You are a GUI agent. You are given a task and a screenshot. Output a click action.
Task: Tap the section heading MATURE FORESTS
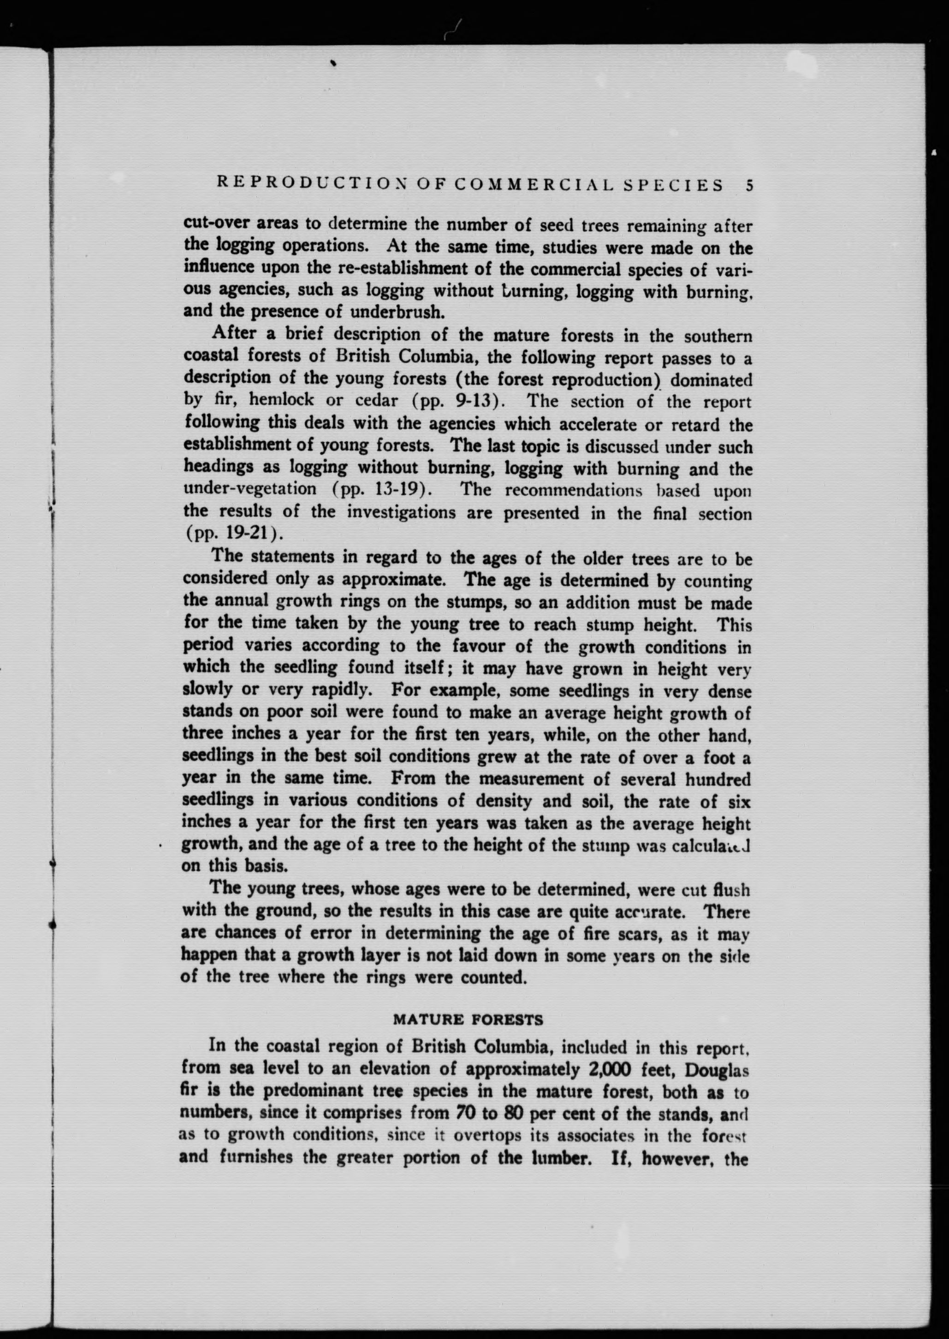pyautogui.click(x=468, y=1020)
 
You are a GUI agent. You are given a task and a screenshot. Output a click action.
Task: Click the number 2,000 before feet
pyautogui.click(x=609, y=1069)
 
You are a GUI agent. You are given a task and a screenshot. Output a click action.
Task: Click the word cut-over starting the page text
pyautogui.click(x=214, y=224)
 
